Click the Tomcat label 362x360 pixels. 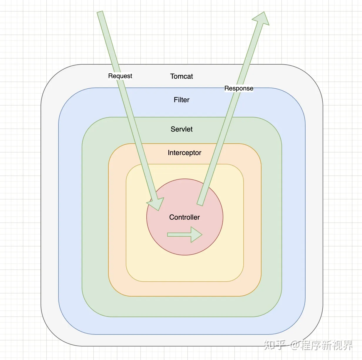[181, 76]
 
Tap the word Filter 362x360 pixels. [181, 100]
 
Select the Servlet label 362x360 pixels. [181, 129]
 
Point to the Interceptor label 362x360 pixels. [184, 153]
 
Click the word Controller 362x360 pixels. [184, 217]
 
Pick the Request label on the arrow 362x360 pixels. [120, 76]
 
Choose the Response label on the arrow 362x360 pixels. [239, 88]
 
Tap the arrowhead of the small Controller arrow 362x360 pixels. [197, 235]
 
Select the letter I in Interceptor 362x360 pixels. [169, 153]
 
